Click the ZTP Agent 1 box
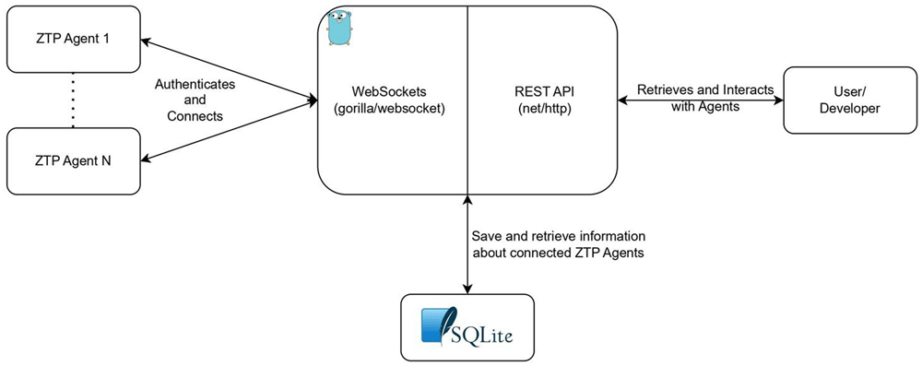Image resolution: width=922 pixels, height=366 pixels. [74, 40]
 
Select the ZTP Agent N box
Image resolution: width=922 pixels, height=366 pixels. [74, 160]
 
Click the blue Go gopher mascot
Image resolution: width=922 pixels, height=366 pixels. [340, 28]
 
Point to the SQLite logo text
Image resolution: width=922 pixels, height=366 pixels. [481, 336]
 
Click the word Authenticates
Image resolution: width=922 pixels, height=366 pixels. [195, 84]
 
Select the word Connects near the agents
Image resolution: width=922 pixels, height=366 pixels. [195, 116]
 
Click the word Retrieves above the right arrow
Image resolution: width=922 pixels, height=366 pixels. [662, 90]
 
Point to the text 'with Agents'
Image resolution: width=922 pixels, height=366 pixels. [705, 107]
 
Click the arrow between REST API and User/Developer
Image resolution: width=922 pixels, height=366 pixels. [701, 100]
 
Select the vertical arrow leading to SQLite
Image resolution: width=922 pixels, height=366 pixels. [467, 244]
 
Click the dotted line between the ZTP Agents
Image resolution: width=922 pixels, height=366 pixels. [73, 100]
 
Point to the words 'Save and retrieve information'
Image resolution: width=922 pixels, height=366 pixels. [559, 236]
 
